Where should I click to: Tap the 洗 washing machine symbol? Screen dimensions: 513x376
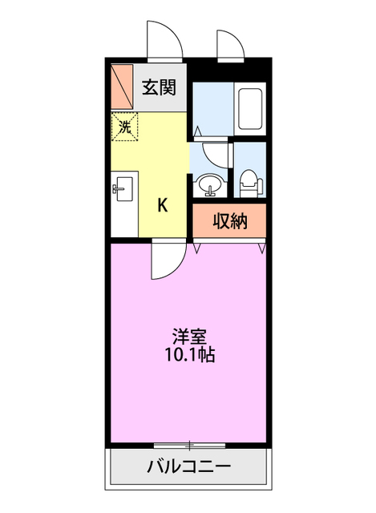[x=124, y=126]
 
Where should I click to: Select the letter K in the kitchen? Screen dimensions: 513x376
[x=162, y=205]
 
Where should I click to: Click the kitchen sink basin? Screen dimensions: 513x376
[x=123, y=190]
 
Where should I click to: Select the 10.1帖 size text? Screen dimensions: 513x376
[x=189, y=354]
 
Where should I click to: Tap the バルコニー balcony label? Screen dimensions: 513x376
[x=188, y=467]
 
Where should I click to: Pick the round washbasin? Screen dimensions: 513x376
[x=210, y=184]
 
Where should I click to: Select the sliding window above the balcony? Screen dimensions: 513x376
[x=189, y=444]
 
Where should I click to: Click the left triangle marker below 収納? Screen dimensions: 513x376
[x=197, y=248]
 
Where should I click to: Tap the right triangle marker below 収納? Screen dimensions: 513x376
[x=261, y=248]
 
